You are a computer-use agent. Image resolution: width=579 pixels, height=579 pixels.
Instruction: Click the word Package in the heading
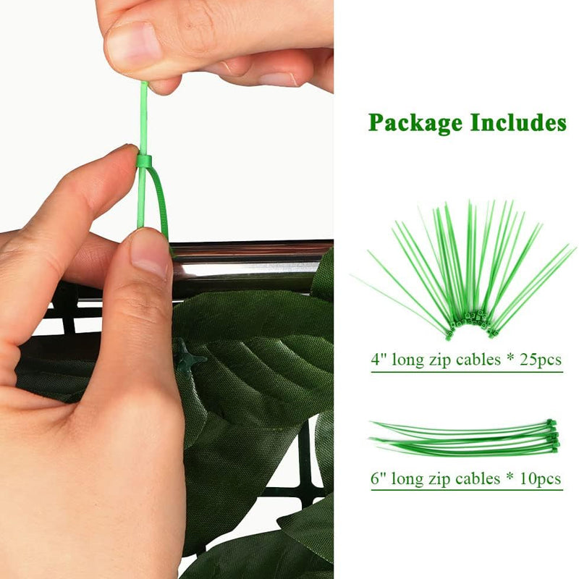pyautogui.click(x=415, y=123)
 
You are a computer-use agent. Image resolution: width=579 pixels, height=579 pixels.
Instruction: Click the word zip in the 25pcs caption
pyautogui.click(x=441, y=360)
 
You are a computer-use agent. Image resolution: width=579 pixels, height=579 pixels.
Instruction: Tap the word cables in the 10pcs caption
pyautogui.click(x=478, y=478)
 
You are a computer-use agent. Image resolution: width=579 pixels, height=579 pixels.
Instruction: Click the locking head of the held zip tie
pyautogui.click(x=144, y=161)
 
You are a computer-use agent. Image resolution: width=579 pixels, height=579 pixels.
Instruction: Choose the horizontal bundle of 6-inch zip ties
pyautogui.click(x=465, y=439)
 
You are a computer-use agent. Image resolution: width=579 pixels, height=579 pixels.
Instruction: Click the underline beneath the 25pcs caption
pyautogui.click(x=467, y=372)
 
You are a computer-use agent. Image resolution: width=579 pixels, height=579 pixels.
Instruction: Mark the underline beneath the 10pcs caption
pyautogui.click(x=467, y=490)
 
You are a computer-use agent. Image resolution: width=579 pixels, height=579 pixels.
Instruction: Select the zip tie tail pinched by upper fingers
pyautogui.click(x=143, y=118)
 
